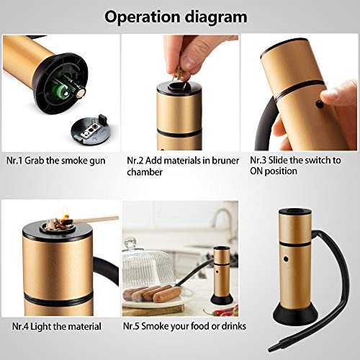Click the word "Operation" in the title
[143, 17]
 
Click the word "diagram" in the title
[216, 18]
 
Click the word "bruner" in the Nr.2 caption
[225, 161]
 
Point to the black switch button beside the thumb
[320, 104]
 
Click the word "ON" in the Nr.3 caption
[256, 171]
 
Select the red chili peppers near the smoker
[225, 311]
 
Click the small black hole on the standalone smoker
[286, 259]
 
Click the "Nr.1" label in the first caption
[14, 161]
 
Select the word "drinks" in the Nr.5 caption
[234, 326]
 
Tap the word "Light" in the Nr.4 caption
[41, 327]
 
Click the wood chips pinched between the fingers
[178, 73]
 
